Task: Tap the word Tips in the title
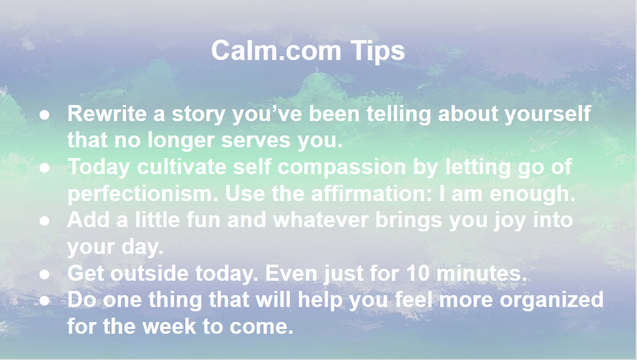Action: click(x=377, y=51)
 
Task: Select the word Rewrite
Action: click(x=107, y=114)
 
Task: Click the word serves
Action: click(x=256, y=140)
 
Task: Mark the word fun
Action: click(x=203, y=220)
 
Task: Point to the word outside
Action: click(x=149, y=273)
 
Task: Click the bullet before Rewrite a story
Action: click(x=44, y=115)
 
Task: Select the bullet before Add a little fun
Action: click(x=44, y=221)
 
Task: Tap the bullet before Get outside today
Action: click(x=44, y=274)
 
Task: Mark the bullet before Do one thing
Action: click(x=44, y=301)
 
